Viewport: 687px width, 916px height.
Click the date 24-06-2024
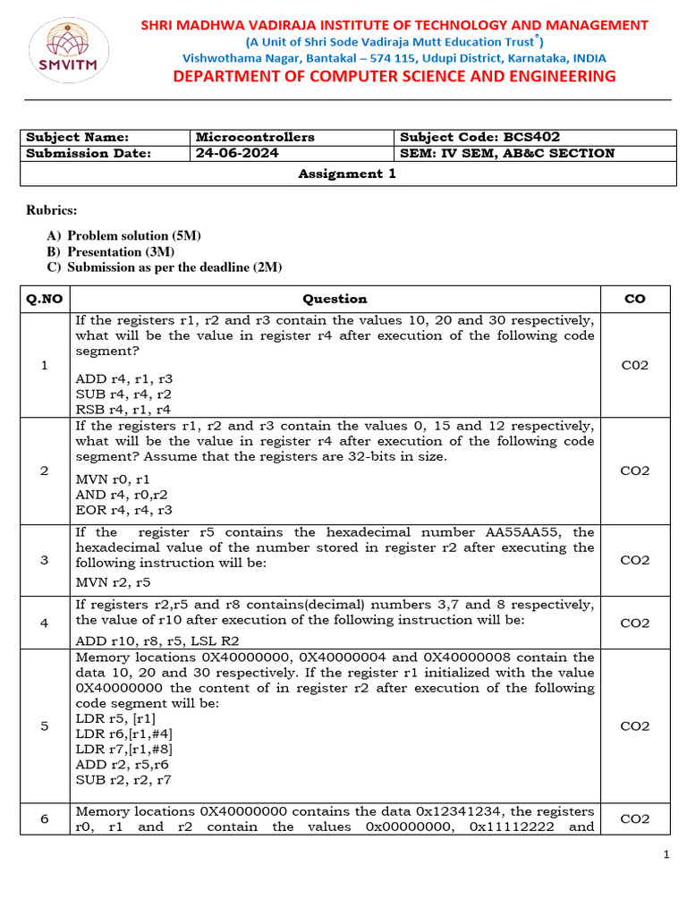[238, 153]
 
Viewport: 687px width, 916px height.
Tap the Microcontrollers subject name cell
[256, 137]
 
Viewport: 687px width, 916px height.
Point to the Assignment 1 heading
[347, 174]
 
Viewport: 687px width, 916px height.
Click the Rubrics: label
[51, 210]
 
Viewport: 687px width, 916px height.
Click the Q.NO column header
[45, 299]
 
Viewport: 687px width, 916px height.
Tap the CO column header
[634, 299]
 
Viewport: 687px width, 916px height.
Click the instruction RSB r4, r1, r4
[123, 409]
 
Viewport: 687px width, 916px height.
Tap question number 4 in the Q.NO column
[45, 623]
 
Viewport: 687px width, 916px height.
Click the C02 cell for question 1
[634, 365]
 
